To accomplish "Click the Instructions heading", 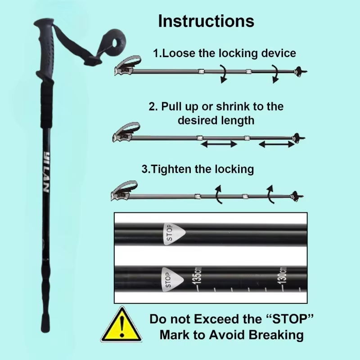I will (206, 21).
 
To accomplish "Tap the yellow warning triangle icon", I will (121, 325).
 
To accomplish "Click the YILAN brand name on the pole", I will (46, 173).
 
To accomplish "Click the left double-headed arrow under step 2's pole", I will (218, 144).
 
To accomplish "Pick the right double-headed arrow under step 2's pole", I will (277, 144).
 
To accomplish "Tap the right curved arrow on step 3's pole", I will (270, 193).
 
